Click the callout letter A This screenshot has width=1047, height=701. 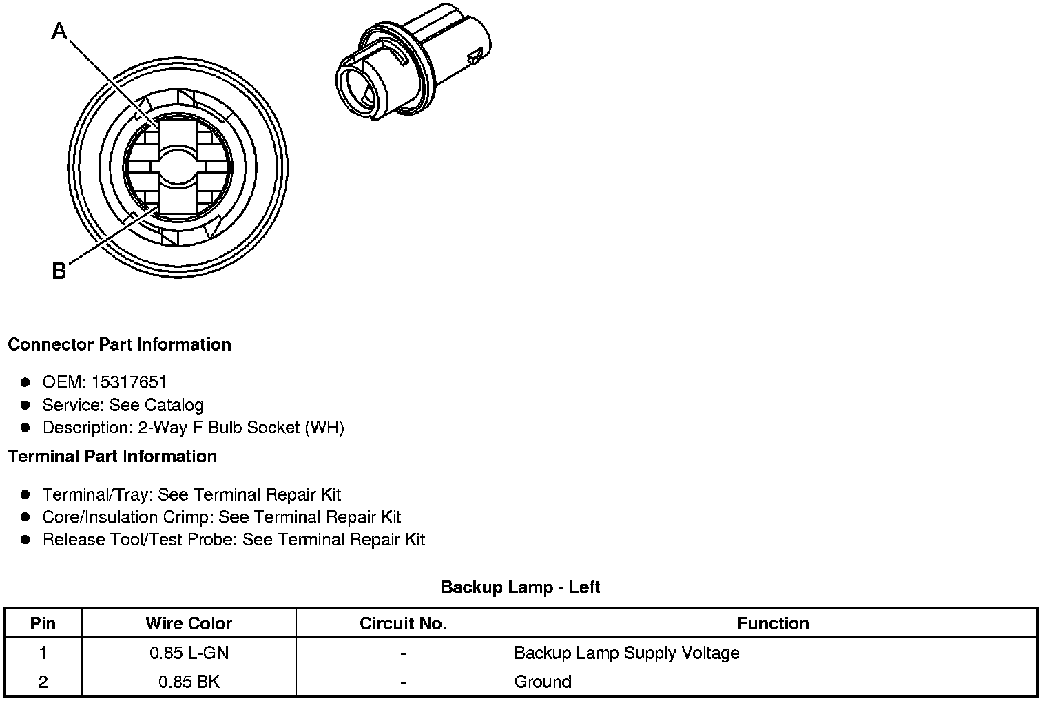click(59, 31)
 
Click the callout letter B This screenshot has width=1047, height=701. click(59, 271)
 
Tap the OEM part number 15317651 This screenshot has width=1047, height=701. click(129, 381)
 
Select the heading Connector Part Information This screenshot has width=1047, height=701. click(120, 344)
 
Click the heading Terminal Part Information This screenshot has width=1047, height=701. click(113, 456)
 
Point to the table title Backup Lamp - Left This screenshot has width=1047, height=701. click(520, 587)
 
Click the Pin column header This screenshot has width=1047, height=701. click(43, 623)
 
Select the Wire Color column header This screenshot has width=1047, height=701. click(189, 623)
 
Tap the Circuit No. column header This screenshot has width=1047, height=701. click(403, 623)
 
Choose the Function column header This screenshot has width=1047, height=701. click(773, 623)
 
